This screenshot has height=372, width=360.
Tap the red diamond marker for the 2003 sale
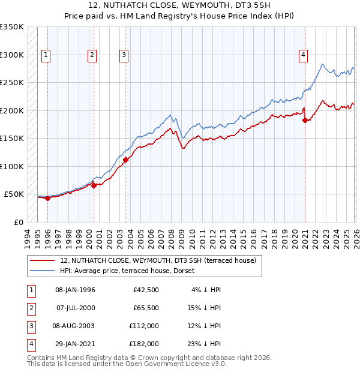pos(126,160)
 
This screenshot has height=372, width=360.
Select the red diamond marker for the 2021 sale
pos(305,121)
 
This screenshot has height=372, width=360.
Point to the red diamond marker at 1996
pos(48,199)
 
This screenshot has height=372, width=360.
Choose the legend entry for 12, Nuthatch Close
pos(158,260)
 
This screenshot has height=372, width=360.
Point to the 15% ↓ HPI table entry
pos(203,308)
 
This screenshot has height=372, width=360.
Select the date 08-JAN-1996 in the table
pos(75,290)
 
